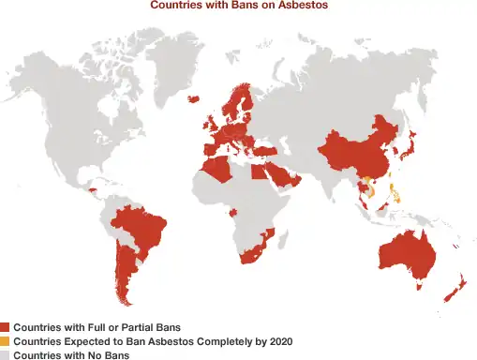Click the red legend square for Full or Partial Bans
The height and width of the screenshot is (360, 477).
coord(5,327)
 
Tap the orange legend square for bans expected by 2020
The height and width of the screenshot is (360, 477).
coord(5,341)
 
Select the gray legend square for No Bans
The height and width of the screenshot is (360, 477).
coord(5,355)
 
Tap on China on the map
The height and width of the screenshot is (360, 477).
coord(351,150)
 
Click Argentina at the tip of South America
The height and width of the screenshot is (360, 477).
coord(123,272)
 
